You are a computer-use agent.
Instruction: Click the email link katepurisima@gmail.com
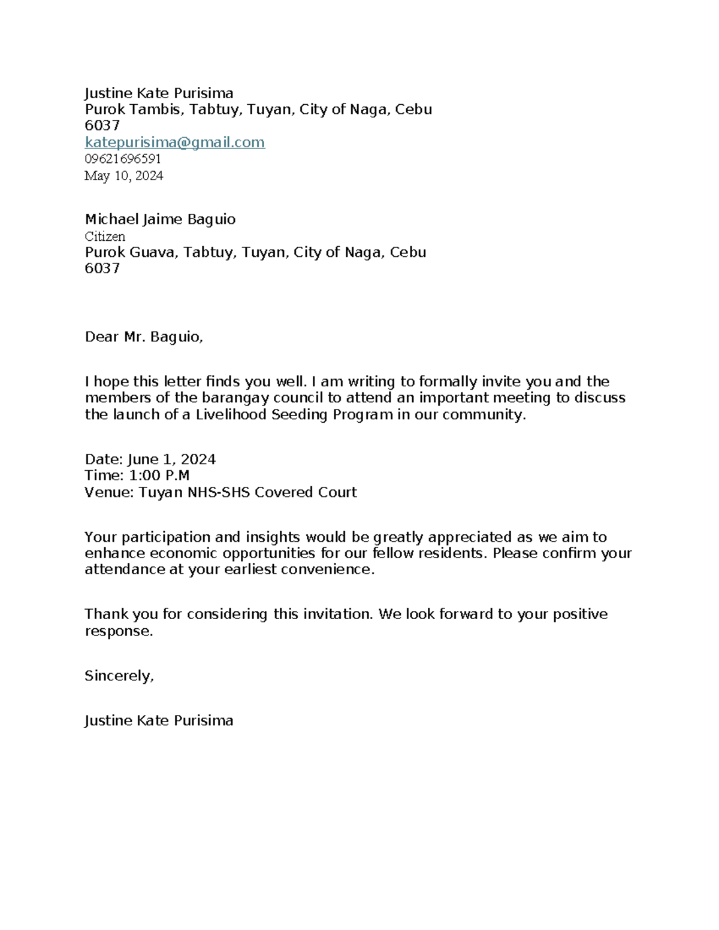tap(174, 142)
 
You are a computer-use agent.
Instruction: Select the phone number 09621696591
tap(122, 159)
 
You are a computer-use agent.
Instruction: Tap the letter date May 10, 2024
tap(123, 175)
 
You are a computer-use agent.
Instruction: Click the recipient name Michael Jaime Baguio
tap(160, 219)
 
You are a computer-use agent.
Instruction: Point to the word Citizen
tap(105, 236)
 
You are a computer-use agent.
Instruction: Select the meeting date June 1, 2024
tap(171, 459)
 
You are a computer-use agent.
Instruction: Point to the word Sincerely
tap(119, 675)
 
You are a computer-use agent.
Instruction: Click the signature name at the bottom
tap(159, 720)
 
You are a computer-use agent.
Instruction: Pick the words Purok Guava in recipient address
tap(131, 252)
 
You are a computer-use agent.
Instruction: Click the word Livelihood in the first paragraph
tap(231, 414)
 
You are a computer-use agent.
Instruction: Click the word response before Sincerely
tap(118, 631)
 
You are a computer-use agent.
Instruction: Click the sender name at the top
tap(159, 93)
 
